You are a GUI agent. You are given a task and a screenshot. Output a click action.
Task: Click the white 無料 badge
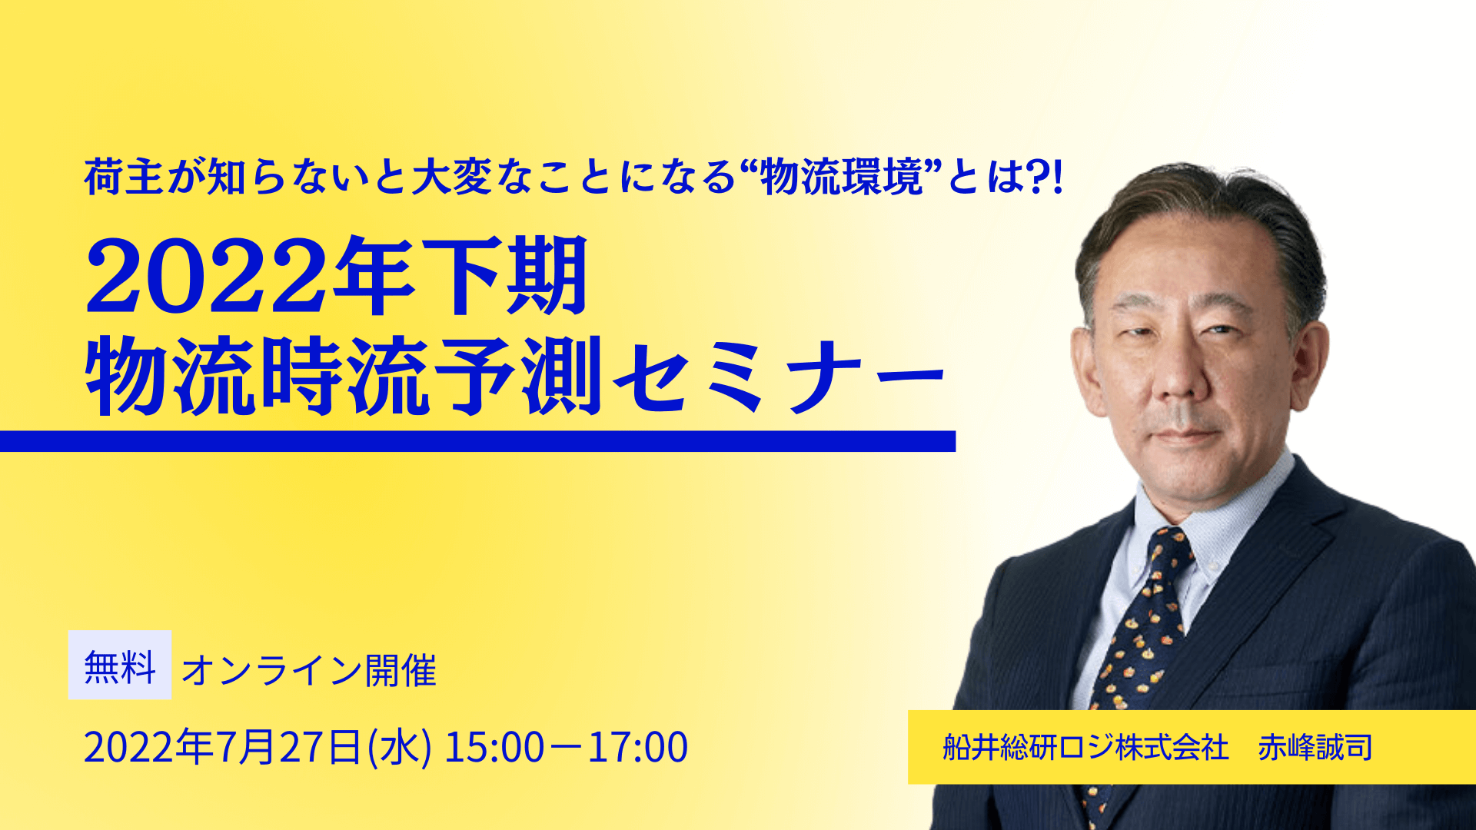[x=120, y=665]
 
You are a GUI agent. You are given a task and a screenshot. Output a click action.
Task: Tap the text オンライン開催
[x=309, y=670]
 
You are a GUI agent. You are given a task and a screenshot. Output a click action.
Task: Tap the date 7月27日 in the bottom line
[x=289, y=747]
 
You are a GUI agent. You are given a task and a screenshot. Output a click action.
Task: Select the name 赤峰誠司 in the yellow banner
[x=1315, y=747]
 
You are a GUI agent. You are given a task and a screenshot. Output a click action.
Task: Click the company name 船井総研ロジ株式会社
[x=1085, y=747]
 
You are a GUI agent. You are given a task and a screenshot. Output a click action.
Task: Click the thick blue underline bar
[x=477, y=441]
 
